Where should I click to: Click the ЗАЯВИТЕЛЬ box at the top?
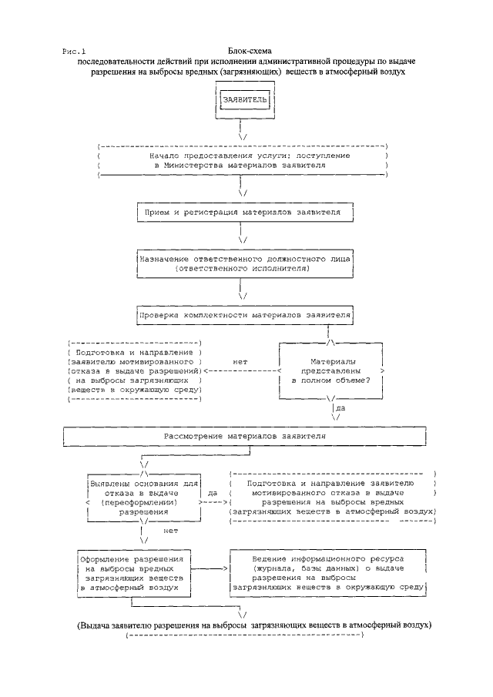(x=244, y=101)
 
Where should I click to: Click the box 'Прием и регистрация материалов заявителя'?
(x=244, y=210)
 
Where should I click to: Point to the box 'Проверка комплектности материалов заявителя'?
(x=244, y=315)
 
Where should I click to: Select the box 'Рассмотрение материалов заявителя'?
(x=244, y=436)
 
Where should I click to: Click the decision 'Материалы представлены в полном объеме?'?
(x=331, y=370)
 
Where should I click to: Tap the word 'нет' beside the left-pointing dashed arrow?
(x=239, y=360)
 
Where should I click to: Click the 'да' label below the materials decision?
(x=340, y=409)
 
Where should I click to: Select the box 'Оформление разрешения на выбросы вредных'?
(x=136, y=571)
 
